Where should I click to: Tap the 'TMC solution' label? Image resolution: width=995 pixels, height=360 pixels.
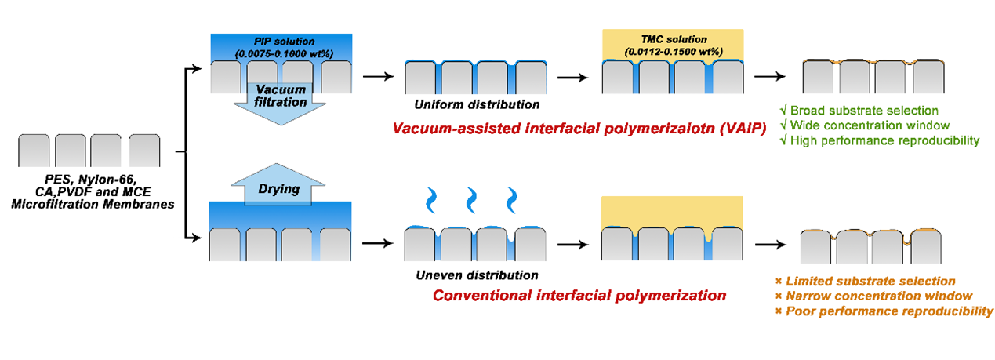674,39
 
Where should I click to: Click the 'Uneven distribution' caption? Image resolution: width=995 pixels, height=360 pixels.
477,275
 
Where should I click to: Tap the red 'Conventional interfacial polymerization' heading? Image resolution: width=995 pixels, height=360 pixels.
579,296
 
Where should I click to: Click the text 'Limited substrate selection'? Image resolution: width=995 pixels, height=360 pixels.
870,281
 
